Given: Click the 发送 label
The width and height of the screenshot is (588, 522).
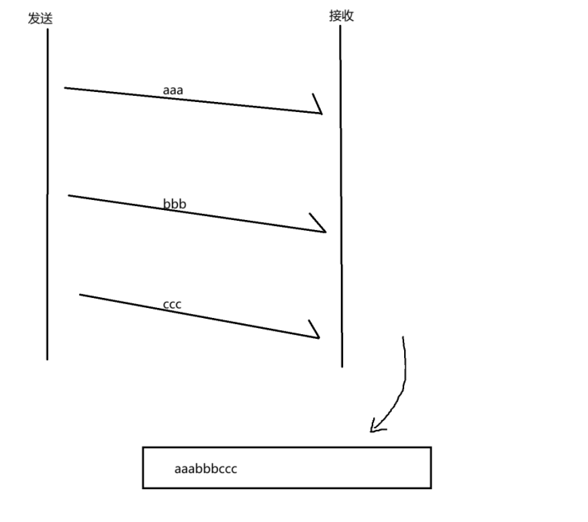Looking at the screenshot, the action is (x=40, y=19).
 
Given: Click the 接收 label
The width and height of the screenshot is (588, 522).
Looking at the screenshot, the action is (x=341, y=16).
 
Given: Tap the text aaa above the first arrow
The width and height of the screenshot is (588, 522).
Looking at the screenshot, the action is (x=173, y=89).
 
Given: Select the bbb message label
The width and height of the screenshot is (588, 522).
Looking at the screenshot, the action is (x=175, y=203).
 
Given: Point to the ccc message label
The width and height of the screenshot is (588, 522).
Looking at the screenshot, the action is (x=173, y=305).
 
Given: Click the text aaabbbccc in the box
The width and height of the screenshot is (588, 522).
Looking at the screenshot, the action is (x=205, y=468).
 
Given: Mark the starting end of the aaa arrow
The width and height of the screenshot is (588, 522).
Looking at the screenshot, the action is (x=65, y=87).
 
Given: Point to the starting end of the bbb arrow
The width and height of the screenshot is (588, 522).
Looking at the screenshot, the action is (x=68, y=195).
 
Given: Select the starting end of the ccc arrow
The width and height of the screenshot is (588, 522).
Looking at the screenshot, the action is (x=80, y=294).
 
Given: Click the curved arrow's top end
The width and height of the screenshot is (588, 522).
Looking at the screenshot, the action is (x=403, y=337).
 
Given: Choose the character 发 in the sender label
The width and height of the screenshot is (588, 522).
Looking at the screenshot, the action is (x=34, y=19).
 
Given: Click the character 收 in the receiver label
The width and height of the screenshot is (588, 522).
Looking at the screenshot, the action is (x=347, y=16).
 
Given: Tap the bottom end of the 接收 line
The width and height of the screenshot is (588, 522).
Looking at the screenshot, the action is (x=342, y=366).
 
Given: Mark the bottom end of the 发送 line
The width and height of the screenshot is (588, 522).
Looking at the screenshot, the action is (x=48, y=359).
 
